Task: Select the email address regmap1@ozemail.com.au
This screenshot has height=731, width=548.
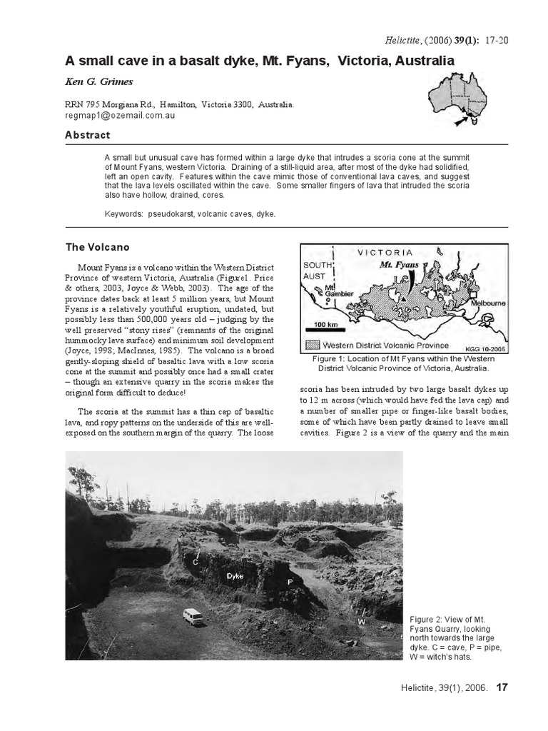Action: [x=120, y=115]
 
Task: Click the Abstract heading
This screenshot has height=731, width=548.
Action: [x=88, y=136]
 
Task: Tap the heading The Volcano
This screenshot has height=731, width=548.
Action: [x=98, y=248]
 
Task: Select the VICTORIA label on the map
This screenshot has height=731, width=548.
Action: [x=385, y=252]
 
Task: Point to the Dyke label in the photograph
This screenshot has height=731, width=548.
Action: [x=235, y=575]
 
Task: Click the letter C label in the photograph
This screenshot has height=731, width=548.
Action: [x=195, y=563]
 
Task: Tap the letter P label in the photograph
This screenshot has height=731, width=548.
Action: [x=290, y=582]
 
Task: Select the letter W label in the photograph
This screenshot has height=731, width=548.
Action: [x=361, y=622]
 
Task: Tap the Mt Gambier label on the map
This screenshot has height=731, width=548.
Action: [x=335, y=292]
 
